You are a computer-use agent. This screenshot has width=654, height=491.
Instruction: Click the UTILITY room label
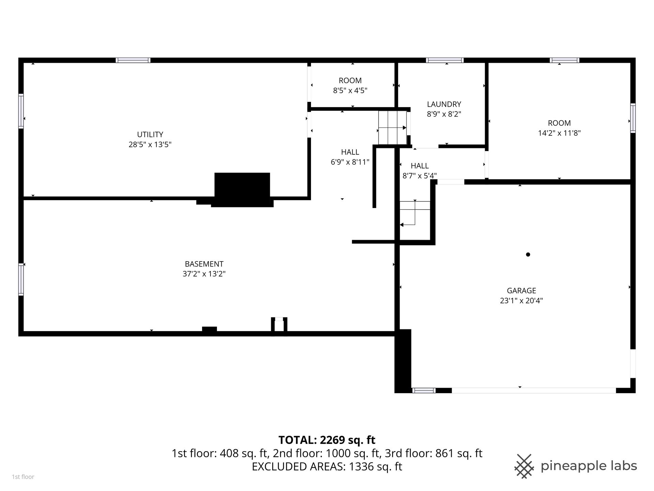coord(150,134)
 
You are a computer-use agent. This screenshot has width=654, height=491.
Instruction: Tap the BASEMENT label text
coord(204,264)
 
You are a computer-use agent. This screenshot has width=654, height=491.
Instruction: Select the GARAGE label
coord(521,291)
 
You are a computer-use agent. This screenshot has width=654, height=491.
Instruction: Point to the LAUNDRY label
coord(444,104)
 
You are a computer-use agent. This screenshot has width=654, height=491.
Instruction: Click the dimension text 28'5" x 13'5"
coord(150,145)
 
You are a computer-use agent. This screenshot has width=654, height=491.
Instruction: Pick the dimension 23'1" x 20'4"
coord(521,301)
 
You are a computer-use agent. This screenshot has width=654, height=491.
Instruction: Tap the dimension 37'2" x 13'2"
coord(204,274)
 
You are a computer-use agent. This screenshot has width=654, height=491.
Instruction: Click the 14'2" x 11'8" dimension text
coord(559,133)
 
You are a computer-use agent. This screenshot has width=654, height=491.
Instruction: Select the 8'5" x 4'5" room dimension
coord(350,91)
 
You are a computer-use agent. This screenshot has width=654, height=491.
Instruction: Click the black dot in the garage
coord(528,254)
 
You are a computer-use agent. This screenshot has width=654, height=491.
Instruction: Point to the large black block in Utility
coord(242,190)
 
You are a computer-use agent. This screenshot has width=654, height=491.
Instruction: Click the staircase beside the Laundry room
coord(392,128)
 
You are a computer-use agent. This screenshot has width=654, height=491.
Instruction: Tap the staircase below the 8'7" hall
coord(415,213)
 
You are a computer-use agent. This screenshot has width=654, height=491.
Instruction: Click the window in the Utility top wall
coord(133,60)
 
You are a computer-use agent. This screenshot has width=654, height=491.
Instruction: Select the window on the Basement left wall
coord(21,279)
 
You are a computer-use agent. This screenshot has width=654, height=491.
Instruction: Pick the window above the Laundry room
coord(445,60)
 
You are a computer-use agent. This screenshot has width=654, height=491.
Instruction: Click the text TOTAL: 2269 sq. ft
coord(327,440)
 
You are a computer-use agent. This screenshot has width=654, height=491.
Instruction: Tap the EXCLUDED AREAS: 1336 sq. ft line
coord(327,466)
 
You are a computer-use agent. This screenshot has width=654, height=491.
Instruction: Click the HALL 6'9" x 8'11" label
coord(350,157)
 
